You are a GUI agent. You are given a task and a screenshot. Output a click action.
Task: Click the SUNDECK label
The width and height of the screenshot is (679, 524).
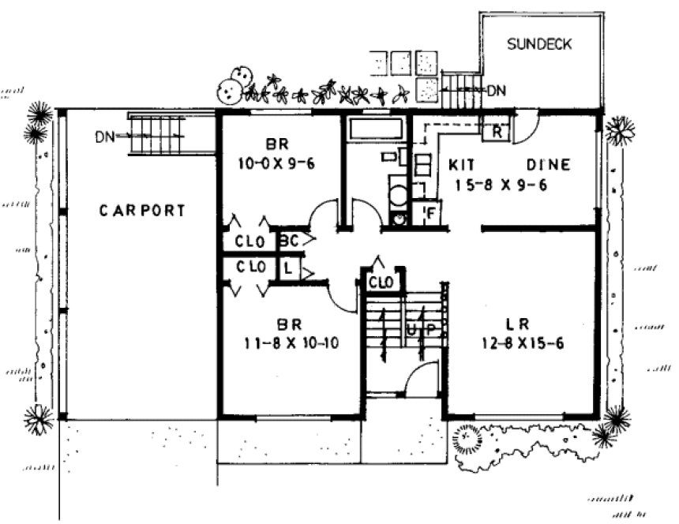540,44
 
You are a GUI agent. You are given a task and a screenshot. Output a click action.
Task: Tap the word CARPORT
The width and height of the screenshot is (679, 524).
143,211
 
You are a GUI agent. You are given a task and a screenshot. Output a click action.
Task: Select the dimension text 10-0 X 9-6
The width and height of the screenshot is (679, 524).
276,164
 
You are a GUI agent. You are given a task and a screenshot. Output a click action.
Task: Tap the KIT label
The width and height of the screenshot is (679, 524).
462,165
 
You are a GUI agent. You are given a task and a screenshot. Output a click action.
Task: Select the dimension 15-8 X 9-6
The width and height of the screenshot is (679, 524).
501,185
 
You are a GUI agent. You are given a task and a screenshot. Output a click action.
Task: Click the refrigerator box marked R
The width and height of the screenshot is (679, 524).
497,131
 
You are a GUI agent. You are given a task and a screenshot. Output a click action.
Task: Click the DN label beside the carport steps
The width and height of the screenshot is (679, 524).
105,137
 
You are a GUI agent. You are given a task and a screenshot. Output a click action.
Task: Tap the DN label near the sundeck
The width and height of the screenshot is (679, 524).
496,90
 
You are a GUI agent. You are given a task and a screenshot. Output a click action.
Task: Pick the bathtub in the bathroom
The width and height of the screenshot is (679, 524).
377,128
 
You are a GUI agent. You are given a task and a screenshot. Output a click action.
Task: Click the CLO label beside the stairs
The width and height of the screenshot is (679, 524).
381,281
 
